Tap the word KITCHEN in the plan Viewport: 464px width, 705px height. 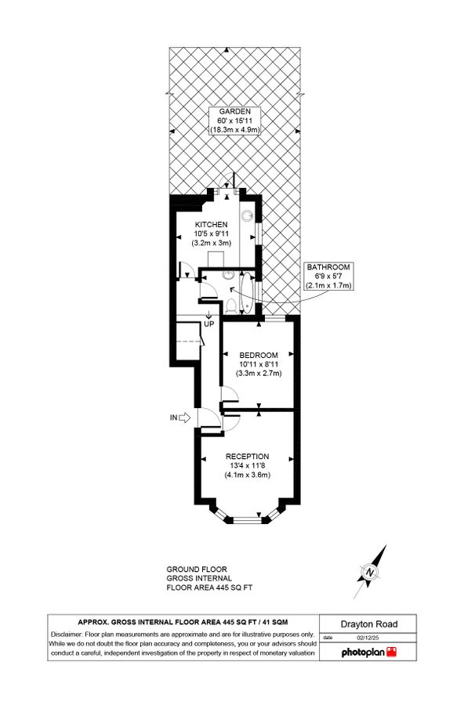[x=211, y=225]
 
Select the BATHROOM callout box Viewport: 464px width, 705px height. [x=328, y=277]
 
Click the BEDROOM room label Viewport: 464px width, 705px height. [x=259, y=355]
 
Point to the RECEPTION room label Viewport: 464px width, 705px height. [x=247, y=456]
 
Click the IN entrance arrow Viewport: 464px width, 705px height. [x=185, y=418]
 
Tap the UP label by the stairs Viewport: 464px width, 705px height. [x=208, y=324]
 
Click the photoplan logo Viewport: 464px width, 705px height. [x=368, y=652]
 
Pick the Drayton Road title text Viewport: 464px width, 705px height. [x=368, y=624]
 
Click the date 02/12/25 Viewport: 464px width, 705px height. [x=362, y=638]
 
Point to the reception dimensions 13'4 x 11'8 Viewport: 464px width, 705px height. [x=247, y=465]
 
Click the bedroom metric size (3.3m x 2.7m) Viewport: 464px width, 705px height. [x=259, y=374]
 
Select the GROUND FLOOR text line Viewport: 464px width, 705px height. [x=196, y=569]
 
